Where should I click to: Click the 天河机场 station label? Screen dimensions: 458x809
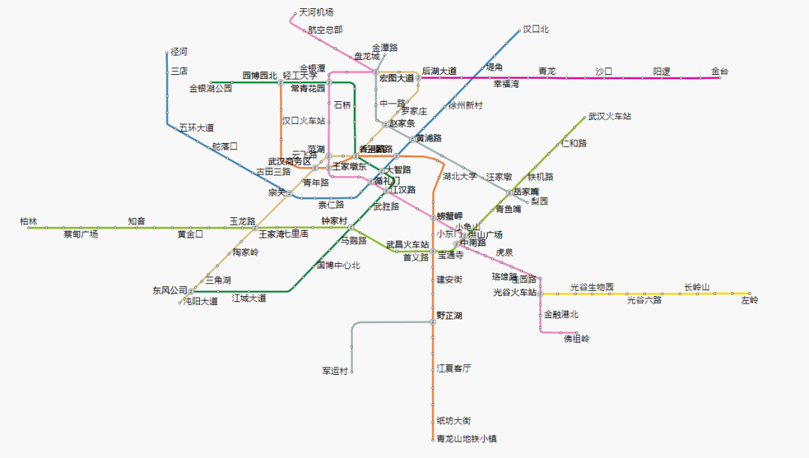pos(315,13)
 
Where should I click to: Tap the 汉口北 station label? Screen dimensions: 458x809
pos(536,29)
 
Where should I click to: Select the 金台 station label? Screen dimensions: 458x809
pos(719,72)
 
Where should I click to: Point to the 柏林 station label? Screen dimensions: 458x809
pos(28,222)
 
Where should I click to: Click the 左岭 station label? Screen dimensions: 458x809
pos(749,301)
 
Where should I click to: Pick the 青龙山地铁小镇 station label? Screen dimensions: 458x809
pos(467,439)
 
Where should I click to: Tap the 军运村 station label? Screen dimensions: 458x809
pos(335,371)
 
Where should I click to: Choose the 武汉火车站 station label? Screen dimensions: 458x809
pos(609,117)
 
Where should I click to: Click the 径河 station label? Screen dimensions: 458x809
pos(178,52)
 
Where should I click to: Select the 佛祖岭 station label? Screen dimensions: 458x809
pos(576,339)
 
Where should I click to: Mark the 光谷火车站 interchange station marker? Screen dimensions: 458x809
pos(540,293)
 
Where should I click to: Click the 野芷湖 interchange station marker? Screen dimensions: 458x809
pos(433,322)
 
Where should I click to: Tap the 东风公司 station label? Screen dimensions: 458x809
pos(170,290)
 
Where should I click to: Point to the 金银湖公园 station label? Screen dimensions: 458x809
pos(210,88)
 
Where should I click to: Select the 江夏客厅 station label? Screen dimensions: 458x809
pos(454,368)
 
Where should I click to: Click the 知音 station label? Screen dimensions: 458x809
pos(136,222)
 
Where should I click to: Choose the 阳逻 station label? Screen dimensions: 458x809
pos(661,72)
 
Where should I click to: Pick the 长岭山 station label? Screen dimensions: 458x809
pos(697,287)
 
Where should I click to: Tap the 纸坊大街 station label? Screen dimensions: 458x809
pos(454,421)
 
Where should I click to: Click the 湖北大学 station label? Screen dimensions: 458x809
pos(459,177)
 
